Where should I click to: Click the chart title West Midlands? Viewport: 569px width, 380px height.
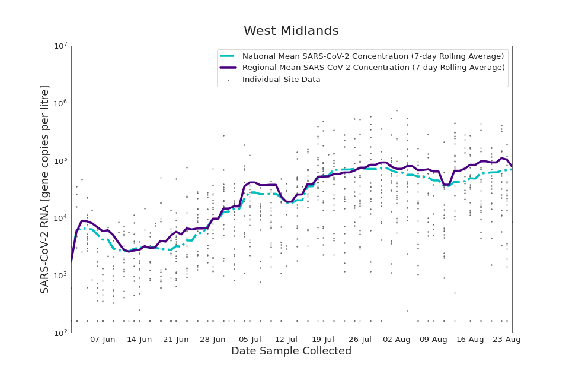coord(291,31)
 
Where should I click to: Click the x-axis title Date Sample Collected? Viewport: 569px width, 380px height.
coord(291,351)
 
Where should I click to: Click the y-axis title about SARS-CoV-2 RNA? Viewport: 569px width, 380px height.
coord(45,189)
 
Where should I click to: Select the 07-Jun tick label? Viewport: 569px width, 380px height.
coord(103,340)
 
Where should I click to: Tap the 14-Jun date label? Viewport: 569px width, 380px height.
coord(139,340)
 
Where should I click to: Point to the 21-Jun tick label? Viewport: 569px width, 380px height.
coord(176,340)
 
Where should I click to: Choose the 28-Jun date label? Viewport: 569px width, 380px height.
coord(213,340)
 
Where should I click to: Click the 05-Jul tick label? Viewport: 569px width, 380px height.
coord(250,340)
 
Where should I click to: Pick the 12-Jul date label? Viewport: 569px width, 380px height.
coord(286,340)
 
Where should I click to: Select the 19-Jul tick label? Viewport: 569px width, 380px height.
coord(323,340)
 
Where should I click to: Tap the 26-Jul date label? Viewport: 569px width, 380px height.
coord(360,340)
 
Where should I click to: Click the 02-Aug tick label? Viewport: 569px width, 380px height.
coord(397,340)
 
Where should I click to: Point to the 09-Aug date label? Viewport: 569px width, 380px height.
coord(433,340)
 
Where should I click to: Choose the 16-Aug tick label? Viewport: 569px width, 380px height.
coord(470,340)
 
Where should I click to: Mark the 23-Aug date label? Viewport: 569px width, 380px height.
coord(507,340)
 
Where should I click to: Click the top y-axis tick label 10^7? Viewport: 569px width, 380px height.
coord(60,46)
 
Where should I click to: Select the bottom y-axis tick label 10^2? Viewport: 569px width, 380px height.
coord(60,333)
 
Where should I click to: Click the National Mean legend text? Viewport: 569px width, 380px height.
coord(373,56)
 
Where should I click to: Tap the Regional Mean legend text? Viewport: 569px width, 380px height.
coord(373,68)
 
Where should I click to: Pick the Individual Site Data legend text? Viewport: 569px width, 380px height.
coord(281,80)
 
